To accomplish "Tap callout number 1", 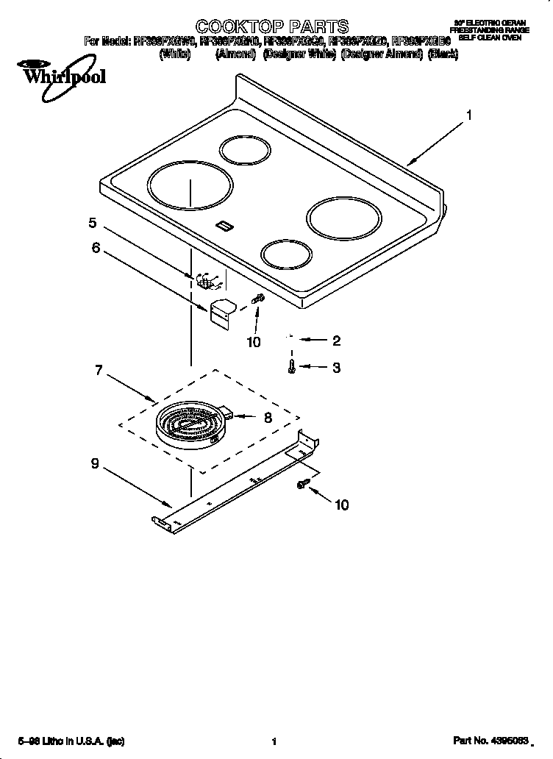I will tap(468, 115).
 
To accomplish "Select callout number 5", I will tap(93, 223).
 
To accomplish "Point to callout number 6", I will tap(96, 248).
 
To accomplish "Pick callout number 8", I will tap(268, 417).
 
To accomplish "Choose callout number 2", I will tap(336, 341).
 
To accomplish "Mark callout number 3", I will tap(336, 368).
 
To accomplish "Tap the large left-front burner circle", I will tap(189, 187).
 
